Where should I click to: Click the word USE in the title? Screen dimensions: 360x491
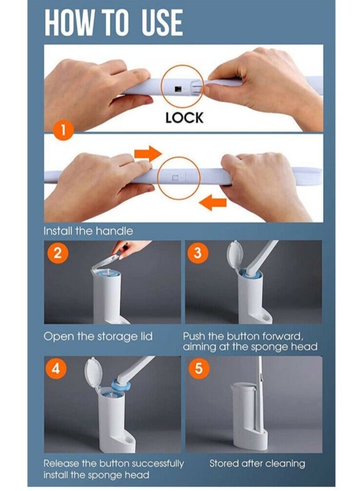162,22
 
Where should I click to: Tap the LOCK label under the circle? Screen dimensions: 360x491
185,118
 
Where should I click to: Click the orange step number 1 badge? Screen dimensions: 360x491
63,130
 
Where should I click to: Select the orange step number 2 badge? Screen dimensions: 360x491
58,252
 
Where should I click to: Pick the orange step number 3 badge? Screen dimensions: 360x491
197,252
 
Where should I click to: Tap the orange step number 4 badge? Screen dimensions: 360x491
56,368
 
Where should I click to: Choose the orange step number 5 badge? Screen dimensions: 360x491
199,368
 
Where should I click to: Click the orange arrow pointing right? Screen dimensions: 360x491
148,154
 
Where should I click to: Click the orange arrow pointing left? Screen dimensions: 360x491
213,202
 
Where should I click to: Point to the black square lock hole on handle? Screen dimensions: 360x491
178,88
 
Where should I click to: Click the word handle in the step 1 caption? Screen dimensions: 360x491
114,231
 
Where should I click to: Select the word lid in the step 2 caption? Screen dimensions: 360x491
145,336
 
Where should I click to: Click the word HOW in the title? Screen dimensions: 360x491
69,22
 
